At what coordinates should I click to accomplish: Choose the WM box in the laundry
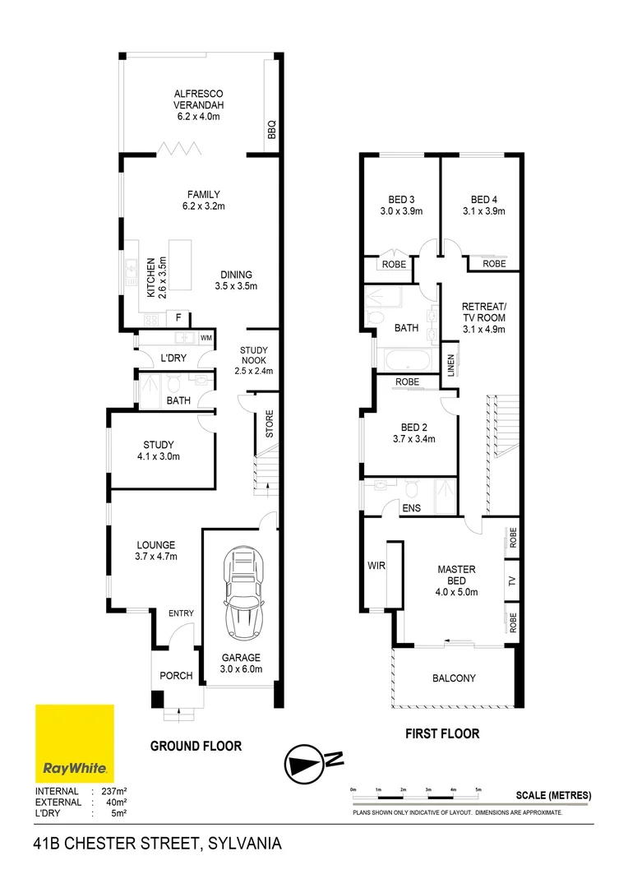pos(205,338)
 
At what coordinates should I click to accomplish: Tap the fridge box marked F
pos(177,318)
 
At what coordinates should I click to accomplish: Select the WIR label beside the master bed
pos(377,566)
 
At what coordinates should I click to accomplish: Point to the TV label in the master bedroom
pos(511,580)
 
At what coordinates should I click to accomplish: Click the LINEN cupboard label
pos(450,365)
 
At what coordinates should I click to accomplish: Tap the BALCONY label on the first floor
pos(454,678)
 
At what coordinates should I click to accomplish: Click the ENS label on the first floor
pos(411,508)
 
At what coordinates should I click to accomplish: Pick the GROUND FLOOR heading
pos(196,746)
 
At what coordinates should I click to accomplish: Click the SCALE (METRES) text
pos(553,795)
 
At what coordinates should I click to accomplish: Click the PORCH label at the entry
pos(176,676)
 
